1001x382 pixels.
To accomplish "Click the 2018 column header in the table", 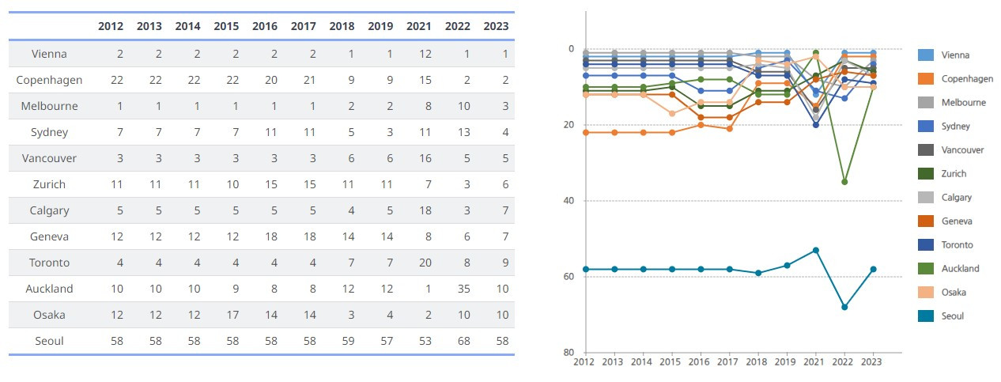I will [x=342, y=26].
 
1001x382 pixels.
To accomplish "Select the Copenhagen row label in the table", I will [x=49, y=80].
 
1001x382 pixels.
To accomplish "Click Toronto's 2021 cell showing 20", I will [x=419, y=263].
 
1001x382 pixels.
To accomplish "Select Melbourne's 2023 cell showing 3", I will [x=503, y=106].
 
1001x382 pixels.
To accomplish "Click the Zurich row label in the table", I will [x=49, y=184].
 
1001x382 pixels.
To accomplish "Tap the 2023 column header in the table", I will [x=496, y=26].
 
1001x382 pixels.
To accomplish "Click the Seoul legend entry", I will [x=952, y=316].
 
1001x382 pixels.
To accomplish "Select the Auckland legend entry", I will [x=960, y=268].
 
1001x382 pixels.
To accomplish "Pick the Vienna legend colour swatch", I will [x=926, y=55].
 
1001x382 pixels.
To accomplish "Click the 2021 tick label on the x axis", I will [x=816, y=361].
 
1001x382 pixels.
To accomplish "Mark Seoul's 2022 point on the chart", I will [x=844, y=307].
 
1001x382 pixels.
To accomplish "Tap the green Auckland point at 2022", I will [x=844, y=182].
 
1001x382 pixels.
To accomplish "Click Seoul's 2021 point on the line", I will [x=816, y=250].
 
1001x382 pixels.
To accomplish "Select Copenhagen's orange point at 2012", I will [x=584, y=132].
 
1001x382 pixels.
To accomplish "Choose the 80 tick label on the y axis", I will [x=568, y=353].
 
